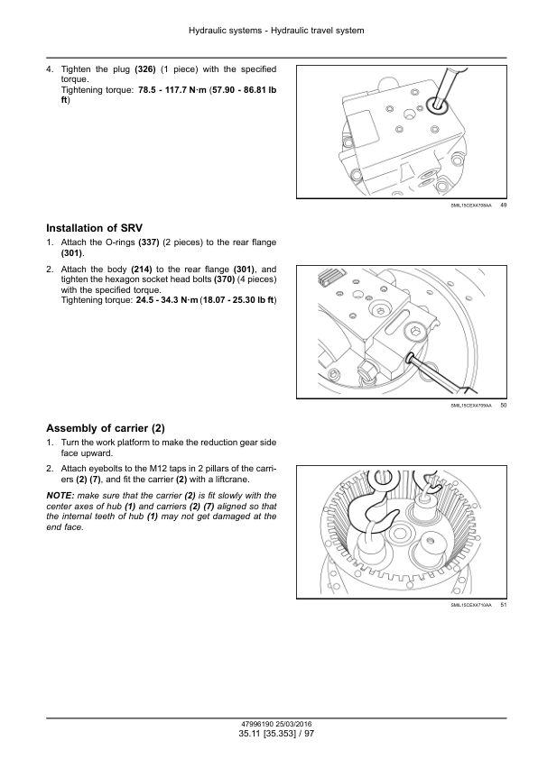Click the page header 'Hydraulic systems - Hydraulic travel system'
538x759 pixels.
point(276,31)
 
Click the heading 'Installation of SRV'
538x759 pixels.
point(95,228)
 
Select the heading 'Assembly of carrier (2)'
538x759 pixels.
point(106,428)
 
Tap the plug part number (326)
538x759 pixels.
point(145,69)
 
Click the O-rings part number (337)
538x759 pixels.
point(149,242)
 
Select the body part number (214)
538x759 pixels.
point(142,270)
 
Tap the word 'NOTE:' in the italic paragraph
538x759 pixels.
point(60,496)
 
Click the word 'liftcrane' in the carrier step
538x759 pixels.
point(230,480)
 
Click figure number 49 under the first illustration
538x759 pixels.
point(503,206)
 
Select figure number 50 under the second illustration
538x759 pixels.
point(503,406)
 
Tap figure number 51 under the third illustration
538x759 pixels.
point(503,605)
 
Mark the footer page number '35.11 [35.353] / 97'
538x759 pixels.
point(276,734)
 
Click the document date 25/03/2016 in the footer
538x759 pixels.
point(293,724)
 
